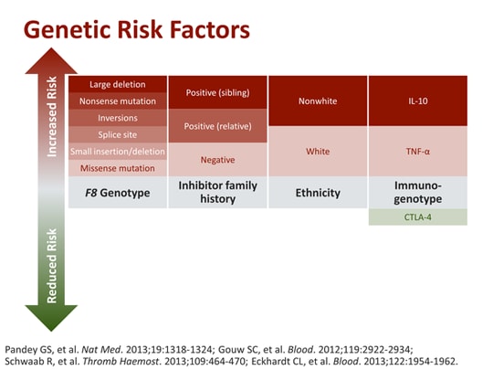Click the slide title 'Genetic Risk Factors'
click(136, 29)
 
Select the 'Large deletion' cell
click(118, 84)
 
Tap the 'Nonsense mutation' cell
click(118, 100)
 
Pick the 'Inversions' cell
click(118, 117)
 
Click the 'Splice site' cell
click(118, 134)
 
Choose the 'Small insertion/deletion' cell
click(118, 151)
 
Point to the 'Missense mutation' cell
click(118, 167)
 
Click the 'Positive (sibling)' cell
click(217, 93)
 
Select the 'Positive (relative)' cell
click(217, 126)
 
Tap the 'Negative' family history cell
click(217, 159)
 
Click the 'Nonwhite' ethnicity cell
click(317, 101)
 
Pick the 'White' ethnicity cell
click(317, 151)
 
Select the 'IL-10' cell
click(416, 101)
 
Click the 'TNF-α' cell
click(416, 151)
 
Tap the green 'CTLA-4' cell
click(416, 217)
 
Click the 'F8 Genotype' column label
click(118, 193)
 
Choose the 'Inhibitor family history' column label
click(217, 193)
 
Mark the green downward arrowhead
click(52, 315)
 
